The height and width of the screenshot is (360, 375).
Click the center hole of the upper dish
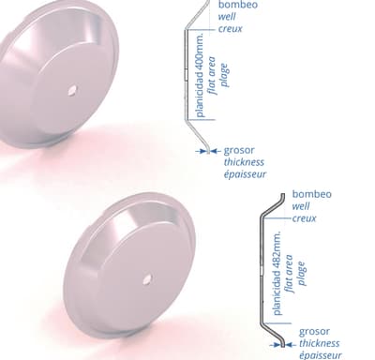pyautogui.click(x=72, y=91)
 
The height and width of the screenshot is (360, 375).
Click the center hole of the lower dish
pyautogui.click(x=147, y=279)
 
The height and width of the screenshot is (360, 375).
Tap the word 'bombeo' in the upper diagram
pyautogui.click(x=238, y=5)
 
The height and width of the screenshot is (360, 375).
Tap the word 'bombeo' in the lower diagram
pyautogui.click(x=312, y=194)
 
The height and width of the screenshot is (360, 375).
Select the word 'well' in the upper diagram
pyautogui.click(x=227, y=17)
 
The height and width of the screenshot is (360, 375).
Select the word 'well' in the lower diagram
pyautogui.click(x=301, y=206)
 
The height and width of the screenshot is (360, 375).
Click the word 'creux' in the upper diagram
pyautogui.click(x=231, y=29)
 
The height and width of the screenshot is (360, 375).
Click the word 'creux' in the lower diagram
pyautogui.click(x=304, y=218)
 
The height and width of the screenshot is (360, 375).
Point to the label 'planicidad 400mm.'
pyautogui.click(x=201, y=75)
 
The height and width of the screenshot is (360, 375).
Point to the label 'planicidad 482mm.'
pyautogui.click(x=277, y=273)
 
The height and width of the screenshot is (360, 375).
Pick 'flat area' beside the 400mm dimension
pyautogui.click(x=213, y=75)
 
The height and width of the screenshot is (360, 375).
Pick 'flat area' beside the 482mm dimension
pyautogui.click(x=289, y=274)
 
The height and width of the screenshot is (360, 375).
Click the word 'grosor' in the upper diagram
pyautogui.click(x=239, y=151)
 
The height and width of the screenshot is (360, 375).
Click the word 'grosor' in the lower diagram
pyautogui.click(x=314, y=332)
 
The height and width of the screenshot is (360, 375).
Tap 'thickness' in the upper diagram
pyautogui.click(x=244, y=162)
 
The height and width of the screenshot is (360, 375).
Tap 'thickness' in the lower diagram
pyautogui.click(x=320, y=343)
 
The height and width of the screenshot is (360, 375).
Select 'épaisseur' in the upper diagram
pyautogui.click(x=245, y=174)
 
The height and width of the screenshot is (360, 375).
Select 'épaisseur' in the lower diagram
pyautogui.click(x=321, y=355)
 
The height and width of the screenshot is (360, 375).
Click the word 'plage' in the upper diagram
pyautogui.click(x=225, y=75)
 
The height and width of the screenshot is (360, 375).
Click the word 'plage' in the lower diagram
pyautogui.click(x=301, y=274)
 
